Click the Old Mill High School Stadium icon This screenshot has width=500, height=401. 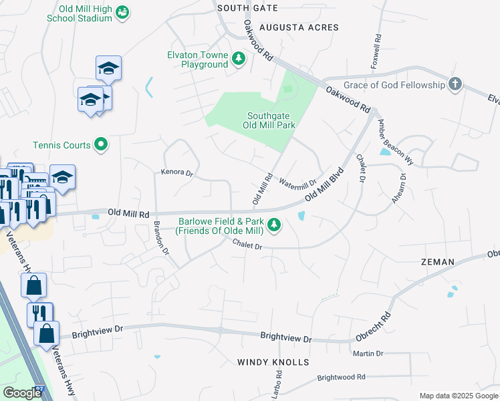pos(122,12)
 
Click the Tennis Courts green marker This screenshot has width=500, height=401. pos(101,144)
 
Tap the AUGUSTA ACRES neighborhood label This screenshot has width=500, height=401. pos(299,27)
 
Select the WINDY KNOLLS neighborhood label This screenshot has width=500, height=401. pos(273,362)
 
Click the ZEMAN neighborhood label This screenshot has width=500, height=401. pos(438,262)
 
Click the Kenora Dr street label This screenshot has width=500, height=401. pos(176,173)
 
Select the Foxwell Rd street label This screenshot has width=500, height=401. pos(376,51)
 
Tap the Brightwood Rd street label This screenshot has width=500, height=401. pos(342,377)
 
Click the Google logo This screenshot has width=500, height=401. pos(22,394)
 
